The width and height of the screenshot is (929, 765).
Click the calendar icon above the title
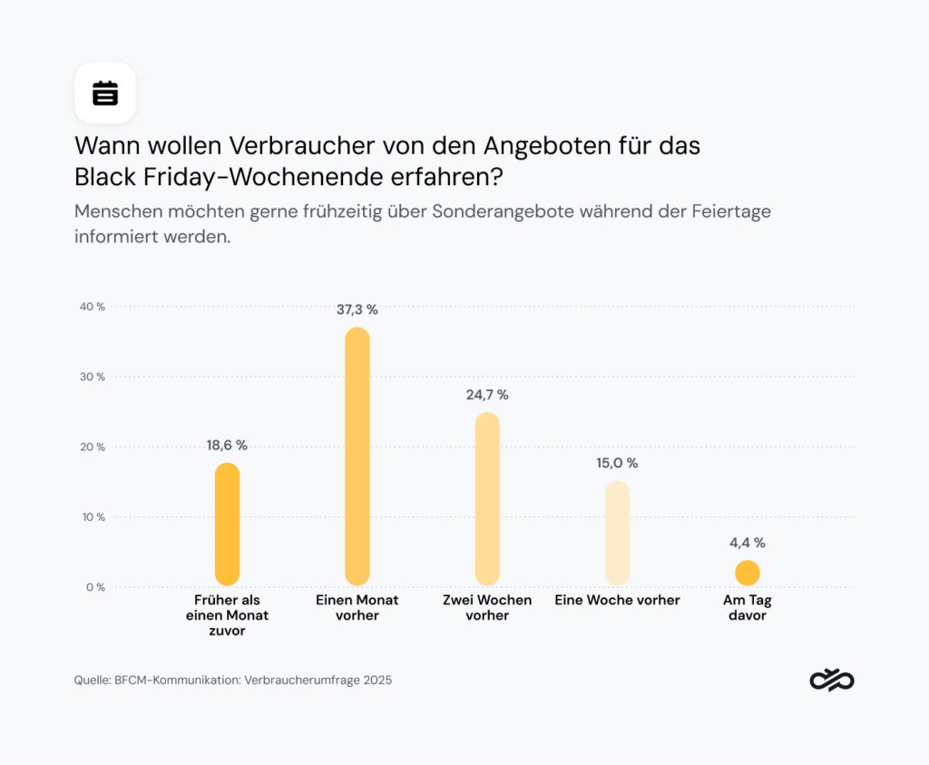pyautogui.click(x=105, y=93)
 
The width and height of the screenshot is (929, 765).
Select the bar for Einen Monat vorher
pyautogui.click(x=357, y=456)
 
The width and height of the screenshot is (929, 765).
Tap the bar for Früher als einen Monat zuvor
pyautogui.click(x=227, y=524)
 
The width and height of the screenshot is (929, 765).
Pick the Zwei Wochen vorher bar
pyautogui.click(x=487, y=498)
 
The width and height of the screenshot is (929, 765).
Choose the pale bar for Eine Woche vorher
pyautogui.click(x=617, y=533)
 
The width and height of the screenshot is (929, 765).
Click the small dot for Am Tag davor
pyautogui.click(x=748, y=573)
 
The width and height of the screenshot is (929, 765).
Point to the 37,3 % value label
pyautogui.click(x=357, y=310)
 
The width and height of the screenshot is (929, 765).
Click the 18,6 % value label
pyautogui.click(x=227, y=446)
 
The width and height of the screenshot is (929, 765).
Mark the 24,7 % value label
pyautogui.click(x=487, y=395)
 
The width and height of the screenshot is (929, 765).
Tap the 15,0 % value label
pyautogui.click(x=617, y=464)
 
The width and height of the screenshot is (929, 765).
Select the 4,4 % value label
pyautogui.click(x=748, y=544)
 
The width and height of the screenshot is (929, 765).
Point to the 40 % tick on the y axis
pyautogui.click(x=93, y=307)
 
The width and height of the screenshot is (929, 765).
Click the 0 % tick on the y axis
pyautogui.click(x=95, y=587)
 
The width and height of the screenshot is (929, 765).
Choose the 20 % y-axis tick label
pyautogui.click(x=93, y=447)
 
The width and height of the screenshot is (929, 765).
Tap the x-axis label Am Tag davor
pyautogui.click(x=748, y=608)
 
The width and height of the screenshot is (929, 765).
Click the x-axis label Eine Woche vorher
pyautogui.click(x=617, y=601)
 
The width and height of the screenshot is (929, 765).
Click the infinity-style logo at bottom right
pyautogui.click(x=832, y=680)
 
